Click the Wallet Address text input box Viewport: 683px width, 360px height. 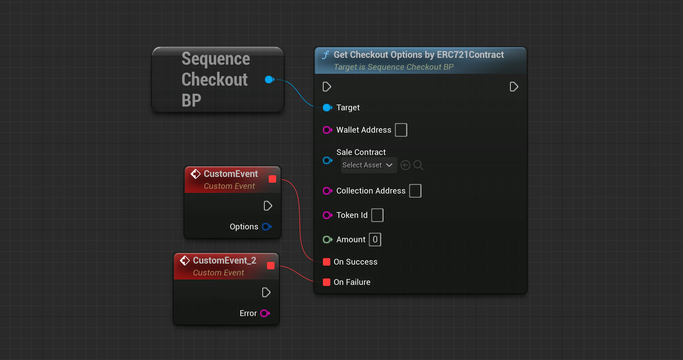401,130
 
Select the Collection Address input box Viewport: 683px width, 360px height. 415,191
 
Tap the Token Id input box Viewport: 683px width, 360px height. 377,215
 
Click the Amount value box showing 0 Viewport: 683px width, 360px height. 375,240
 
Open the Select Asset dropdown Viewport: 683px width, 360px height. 369,165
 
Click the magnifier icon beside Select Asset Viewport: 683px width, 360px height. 418,165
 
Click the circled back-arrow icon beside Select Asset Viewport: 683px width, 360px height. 405,165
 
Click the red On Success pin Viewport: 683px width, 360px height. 327,262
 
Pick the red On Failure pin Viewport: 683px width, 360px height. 327,282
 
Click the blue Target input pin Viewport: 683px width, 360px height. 328,108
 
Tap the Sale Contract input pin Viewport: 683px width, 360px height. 328,160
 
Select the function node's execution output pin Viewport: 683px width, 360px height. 514,87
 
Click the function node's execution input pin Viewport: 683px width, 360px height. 327,87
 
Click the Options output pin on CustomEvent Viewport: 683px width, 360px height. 267,227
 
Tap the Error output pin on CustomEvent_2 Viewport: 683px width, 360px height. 265,313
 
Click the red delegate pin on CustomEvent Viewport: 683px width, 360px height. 272,179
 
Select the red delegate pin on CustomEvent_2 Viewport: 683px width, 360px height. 271,266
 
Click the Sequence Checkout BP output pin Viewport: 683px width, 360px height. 270,80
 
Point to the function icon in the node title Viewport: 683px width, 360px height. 326,55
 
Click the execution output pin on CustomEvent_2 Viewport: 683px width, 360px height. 266,292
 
